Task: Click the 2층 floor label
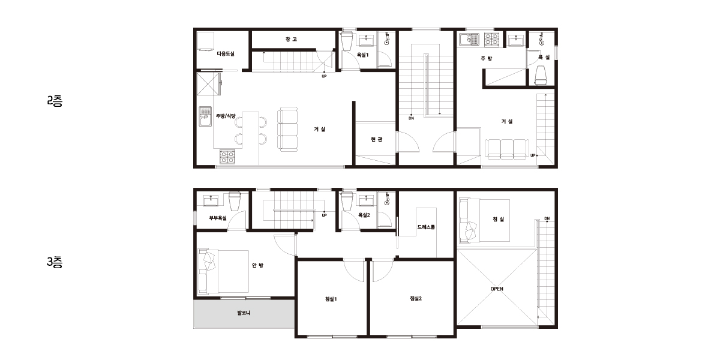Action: coord(55,101)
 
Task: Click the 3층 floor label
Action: coord(55,262)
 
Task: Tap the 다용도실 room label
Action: coord(226,53)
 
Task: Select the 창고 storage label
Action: coord(291,39)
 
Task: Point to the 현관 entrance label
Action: coord(376,139)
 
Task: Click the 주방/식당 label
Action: coord(226,116)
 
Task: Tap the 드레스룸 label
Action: coord(426,227)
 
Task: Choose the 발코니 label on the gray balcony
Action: coord(244,313)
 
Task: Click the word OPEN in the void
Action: coord(497,289)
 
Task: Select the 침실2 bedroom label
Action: coord(416,298)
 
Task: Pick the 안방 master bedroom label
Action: coord(257,265)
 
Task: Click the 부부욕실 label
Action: coord(218,218)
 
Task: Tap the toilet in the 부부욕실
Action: coord(235,201)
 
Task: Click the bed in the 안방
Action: coord(223,272)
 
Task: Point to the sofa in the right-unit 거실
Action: coord(507,149)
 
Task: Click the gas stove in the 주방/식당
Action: coord(227,157)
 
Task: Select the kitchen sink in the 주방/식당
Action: coord(205,116)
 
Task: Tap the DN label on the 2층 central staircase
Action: coord(411,118)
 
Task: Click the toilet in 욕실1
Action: coord(347,41)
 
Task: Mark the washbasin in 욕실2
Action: coord(366,200)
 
